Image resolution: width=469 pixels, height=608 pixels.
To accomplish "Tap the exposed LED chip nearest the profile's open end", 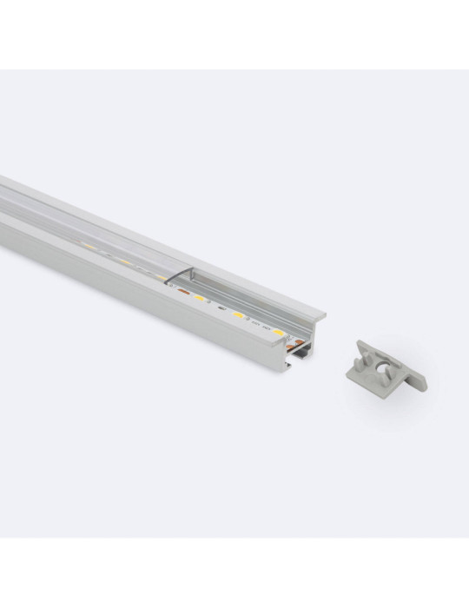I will [276, 332].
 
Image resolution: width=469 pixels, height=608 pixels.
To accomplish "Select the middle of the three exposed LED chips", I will [238, 314].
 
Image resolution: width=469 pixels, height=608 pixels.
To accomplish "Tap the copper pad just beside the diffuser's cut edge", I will [182, 294].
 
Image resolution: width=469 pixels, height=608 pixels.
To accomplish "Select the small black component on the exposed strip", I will [221, 308].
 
